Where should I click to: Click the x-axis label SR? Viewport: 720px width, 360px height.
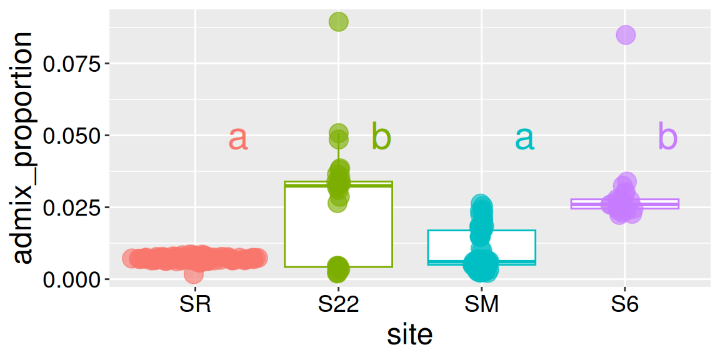coord(195,305)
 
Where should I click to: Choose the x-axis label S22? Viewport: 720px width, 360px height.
coord(338,305)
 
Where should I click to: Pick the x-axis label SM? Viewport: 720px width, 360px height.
coord(481,305)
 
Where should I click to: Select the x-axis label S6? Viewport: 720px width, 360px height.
coord(624,305)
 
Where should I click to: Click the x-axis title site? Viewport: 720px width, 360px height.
coord(409,336)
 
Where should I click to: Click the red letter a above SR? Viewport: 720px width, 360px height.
coord(238,138)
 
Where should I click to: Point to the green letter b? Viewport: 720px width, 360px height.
coord(381,136)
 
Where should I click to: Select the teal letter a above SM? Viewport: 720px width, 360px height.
coord(524,138)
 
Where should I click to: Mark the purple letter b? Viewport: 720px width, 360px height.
coord(667,136)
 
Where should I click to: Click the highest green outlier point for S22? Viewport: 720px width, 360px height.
coord(338,22)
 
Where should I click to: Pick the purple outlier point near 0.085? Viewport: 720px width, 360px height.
coord(626,35)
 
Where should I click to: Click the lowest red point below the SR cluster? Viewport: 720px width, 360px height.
coord(194,274)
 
